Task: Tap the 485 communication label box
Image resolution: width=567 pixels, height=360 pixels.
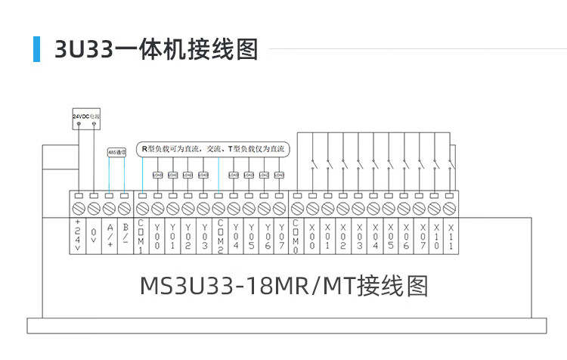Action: (x=117, y=151)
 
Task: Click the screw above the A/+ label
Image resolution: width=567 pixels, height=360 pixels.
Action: (x=110, y=207)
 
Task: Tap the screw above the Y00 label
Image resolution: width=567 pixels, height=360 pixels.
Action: (x=157, y=207)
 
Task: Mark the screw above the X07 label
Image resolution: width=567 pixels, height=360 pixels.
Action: (x=421, y=207)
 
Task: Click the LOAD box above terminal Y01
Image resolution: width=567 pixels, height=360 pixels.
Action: (x=173, y=175)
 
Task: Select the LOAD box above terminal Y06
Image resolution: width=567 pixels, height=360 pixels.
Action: (x=265, y=175)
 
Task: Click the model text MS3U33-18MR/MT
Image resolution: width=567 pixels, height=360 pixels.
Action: (x=284, y=287)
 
